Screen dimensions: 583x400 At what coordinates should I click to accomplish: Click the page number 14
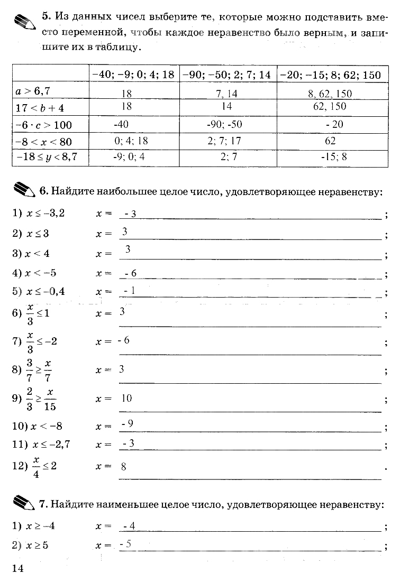click(16, 568)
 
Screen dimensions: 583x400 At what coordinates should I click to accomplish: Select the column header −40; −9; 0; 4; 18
click(133, 75)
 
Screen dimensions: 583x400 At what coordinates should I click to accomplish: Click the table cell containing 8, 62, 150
click(330, 94)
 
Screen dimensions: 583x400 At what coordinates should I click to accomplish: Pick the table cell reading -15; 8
click(333, 157)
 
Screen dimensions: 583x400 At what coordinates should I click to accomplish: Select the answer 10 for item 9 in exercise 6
click(126, 398)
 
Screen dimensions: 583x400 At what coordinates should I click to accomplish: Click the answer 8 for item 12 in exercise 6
click(123, 467)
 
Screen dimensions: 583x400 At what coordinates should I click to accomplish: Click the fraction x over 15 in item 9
click(51, 400)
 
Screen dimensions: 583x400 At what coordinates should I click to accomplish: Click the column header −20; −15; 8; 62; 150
click(330, 75)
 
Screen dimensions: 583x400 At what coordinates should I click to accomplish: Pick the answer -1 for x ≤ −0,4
click(129, 291)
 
